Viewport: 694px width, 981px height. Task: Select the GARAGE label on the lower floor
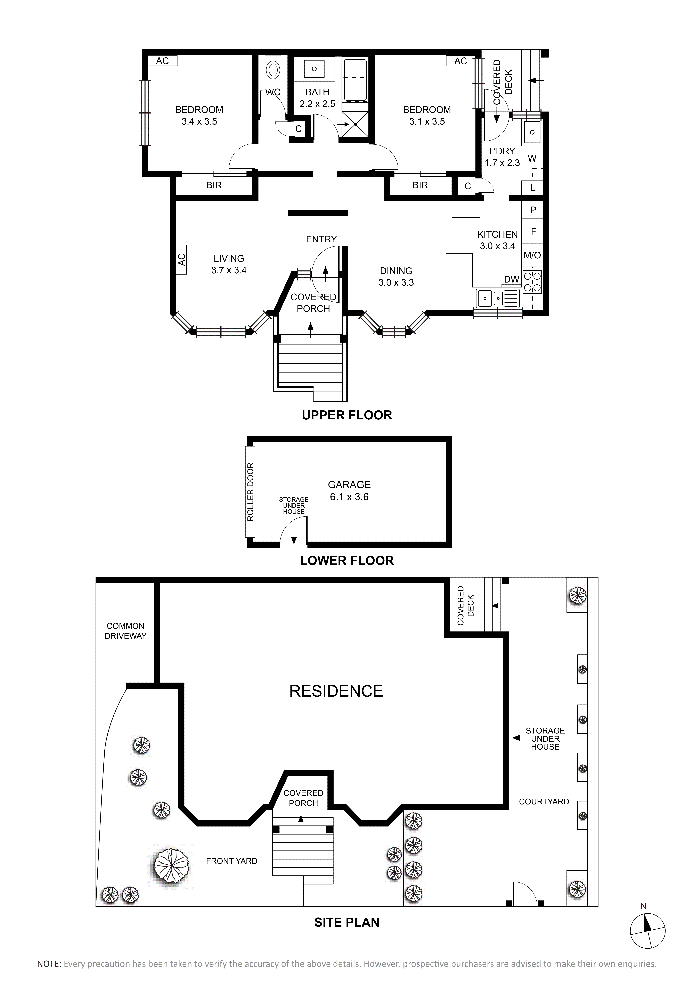[x=349, y=485]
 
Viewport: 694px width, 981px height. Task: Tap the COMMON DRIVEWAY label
[x=126, y=631]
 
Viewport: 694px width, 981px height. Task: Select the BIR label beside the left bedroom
[x=214, y=185]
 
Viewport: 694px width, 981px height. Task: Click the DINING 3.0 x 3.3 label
[x=396, y=276]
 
